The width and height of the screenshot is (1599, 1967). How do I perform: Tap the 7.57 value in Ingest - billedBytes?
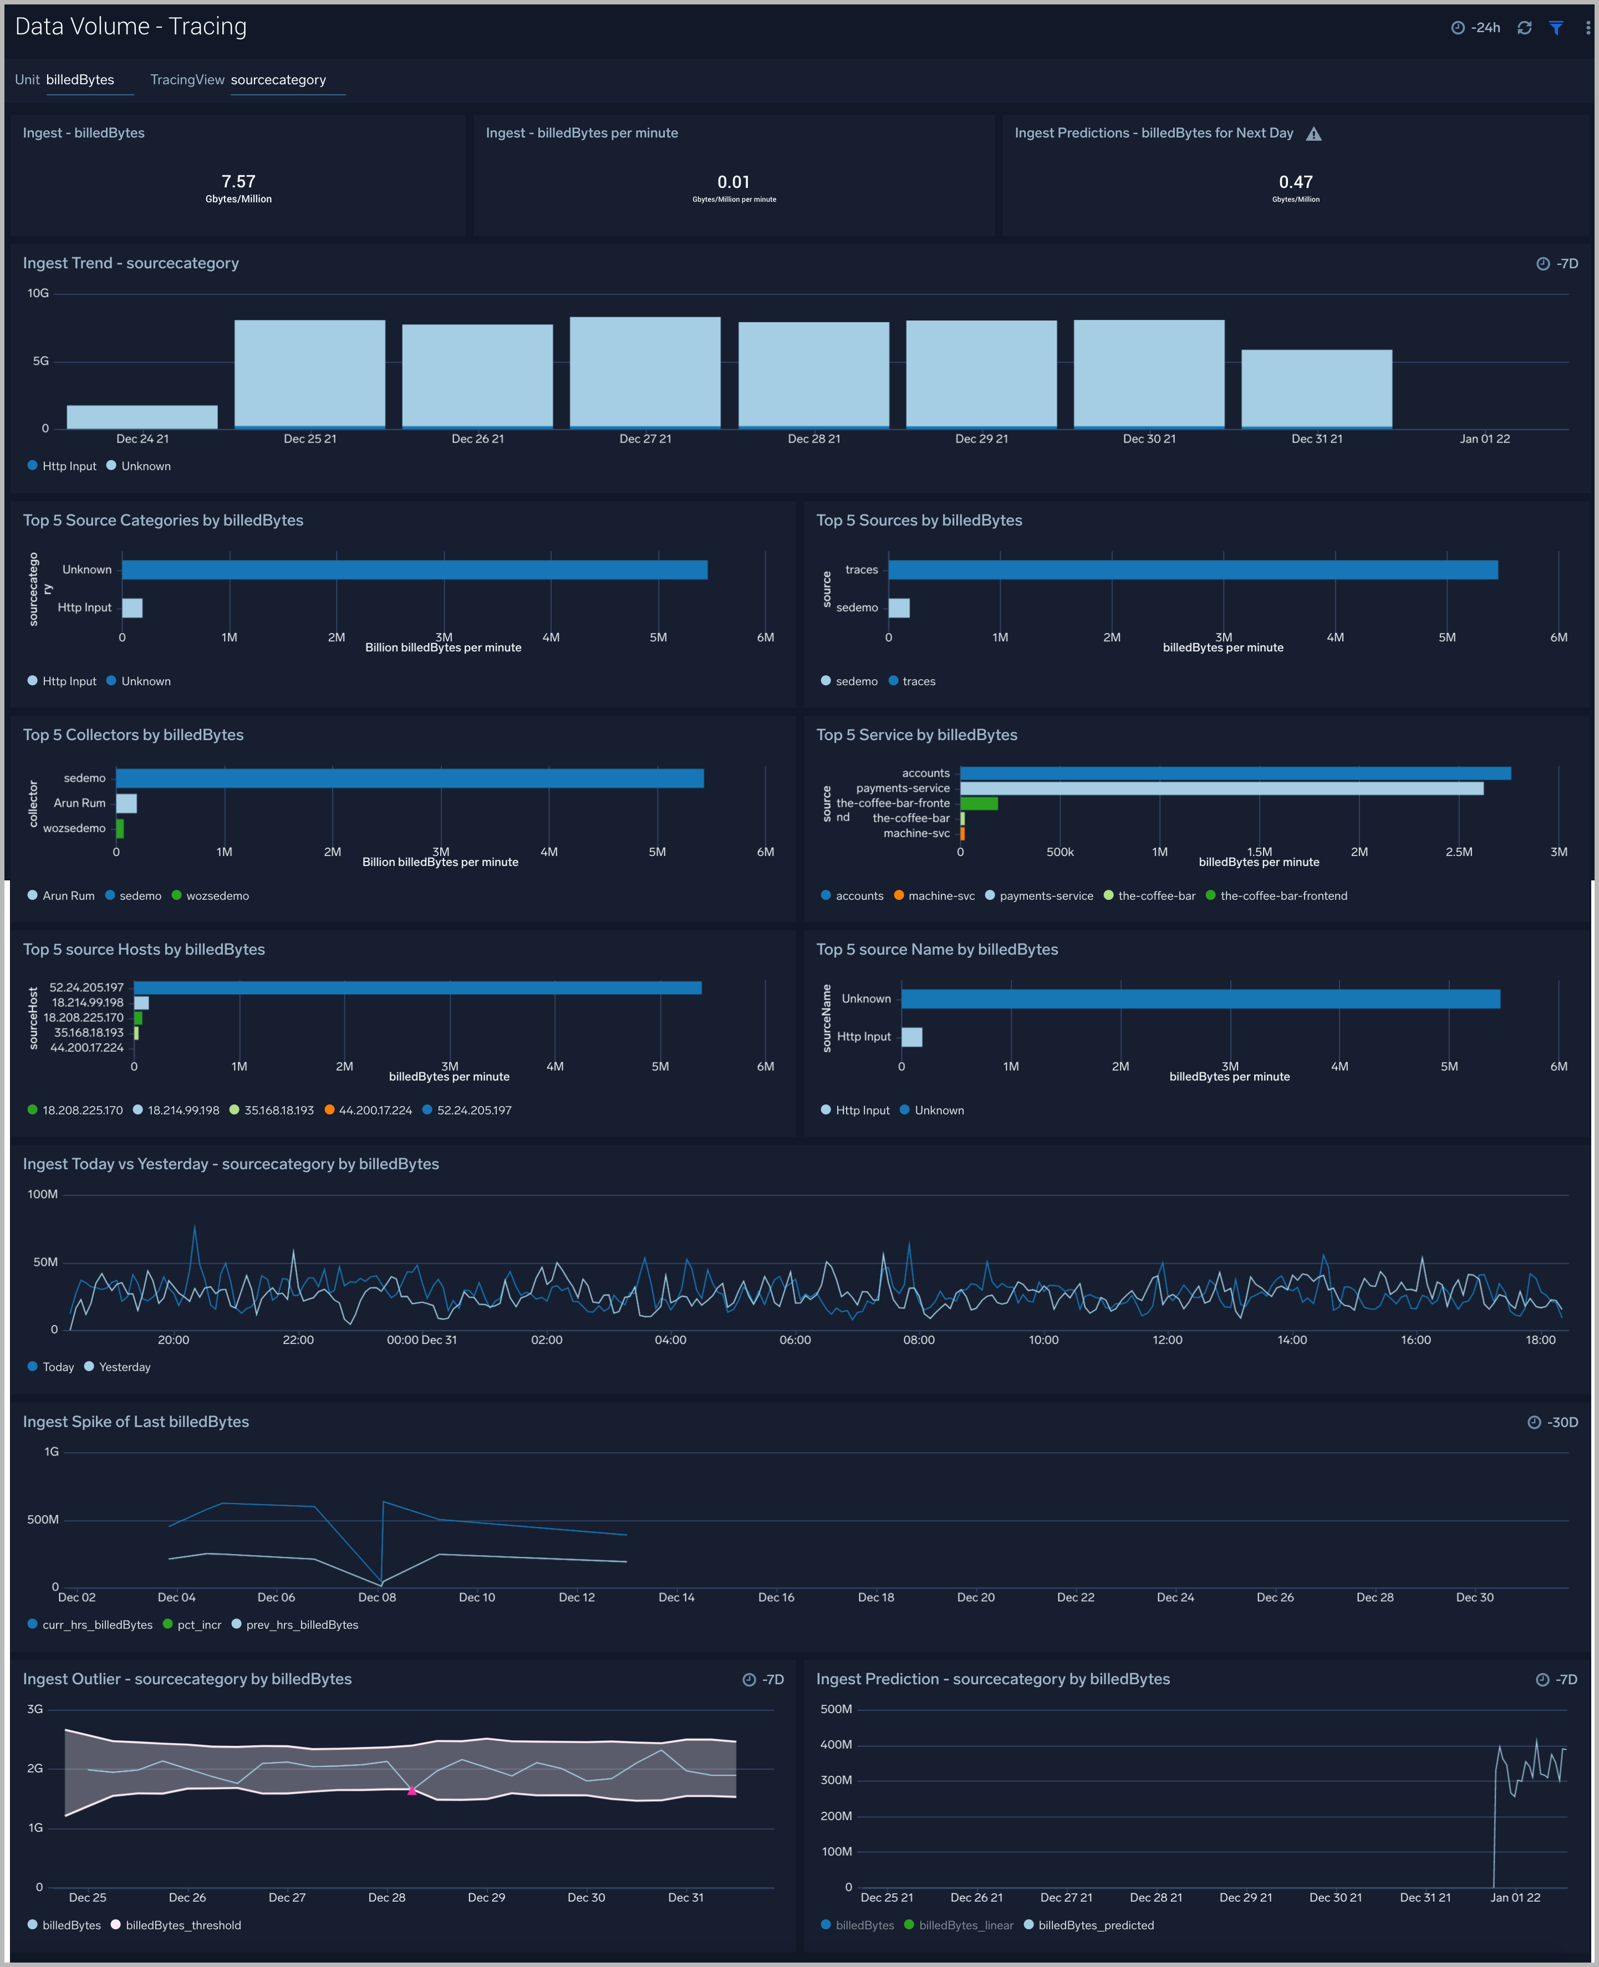pyautogui.click(x=238, y=181)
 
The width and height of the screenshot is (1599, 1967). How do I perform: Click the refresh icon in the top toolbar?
pyautogui.click(x=1524, y=28)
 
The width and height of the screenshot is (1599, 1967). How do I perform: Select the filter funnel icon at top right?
pyautogui.click(x=1556, y=28)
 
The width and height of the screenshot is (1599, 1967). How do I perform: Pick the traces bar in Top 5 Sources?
pyautogui.click(x=1192, y=570)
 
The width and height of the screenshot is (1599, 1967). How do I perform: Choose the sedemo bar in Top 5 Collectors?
pyautogui.click(x=410, y=778)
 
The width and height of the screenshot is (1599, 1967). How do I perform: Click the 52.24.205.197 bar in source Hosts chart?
pyautogui.click(x=417, y=987)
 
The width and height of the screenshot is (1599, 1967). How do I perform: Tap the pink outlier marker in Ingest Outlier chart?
pyautogui.click(x=412, y=1790)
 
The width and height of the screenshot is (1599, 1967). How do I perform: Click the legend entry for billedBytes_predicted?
pyautogui.click(x=1095, y=1925)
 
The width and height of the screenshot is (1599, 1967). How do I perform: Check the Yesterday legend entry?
pyautogui.click(x=124, y=1367)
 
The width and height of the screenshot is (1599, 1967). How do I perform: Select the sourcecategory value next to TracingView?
pyautogui.click(x=278, y=80)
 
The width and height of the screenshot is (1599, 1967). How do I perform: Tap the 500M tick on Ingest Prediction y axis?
pyautogui.click(x=836, y=1709)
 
